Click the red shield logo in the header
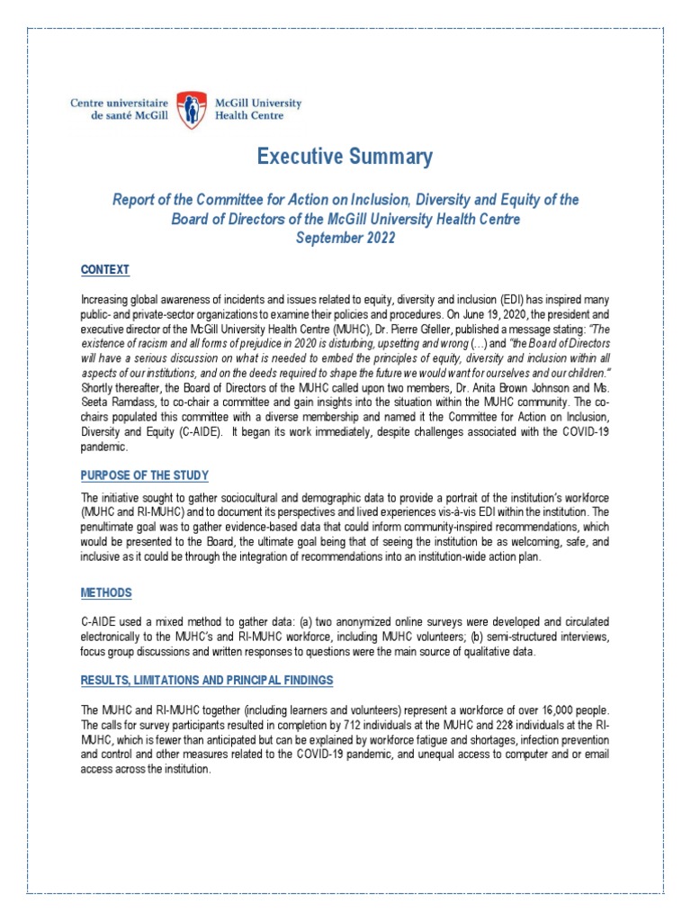click(188, 110)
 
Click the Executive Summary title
click(345, 157)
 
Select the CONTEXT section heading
click(105, 270)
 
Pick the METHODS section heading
click(105, 592)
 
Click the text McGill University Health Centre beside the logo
click(256, 110)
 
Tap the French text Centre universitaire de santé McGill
click(119, 110)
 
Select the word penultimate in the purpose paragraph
click(110, 528)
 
